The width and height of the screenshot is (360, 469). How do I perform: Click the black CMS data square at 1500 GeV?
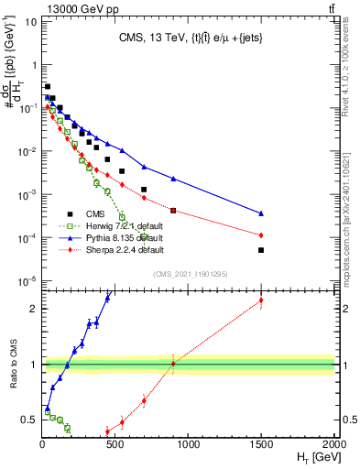point(261,250)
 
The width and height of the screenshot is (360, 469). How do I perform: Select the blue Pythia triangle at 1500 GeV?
point(261,213)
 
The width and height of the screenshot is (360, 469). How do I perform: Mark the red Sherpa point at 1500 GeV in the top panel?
point(261,234)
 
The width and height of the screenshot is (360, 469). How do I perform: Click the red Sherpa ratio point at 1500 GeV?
point(261,300)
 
